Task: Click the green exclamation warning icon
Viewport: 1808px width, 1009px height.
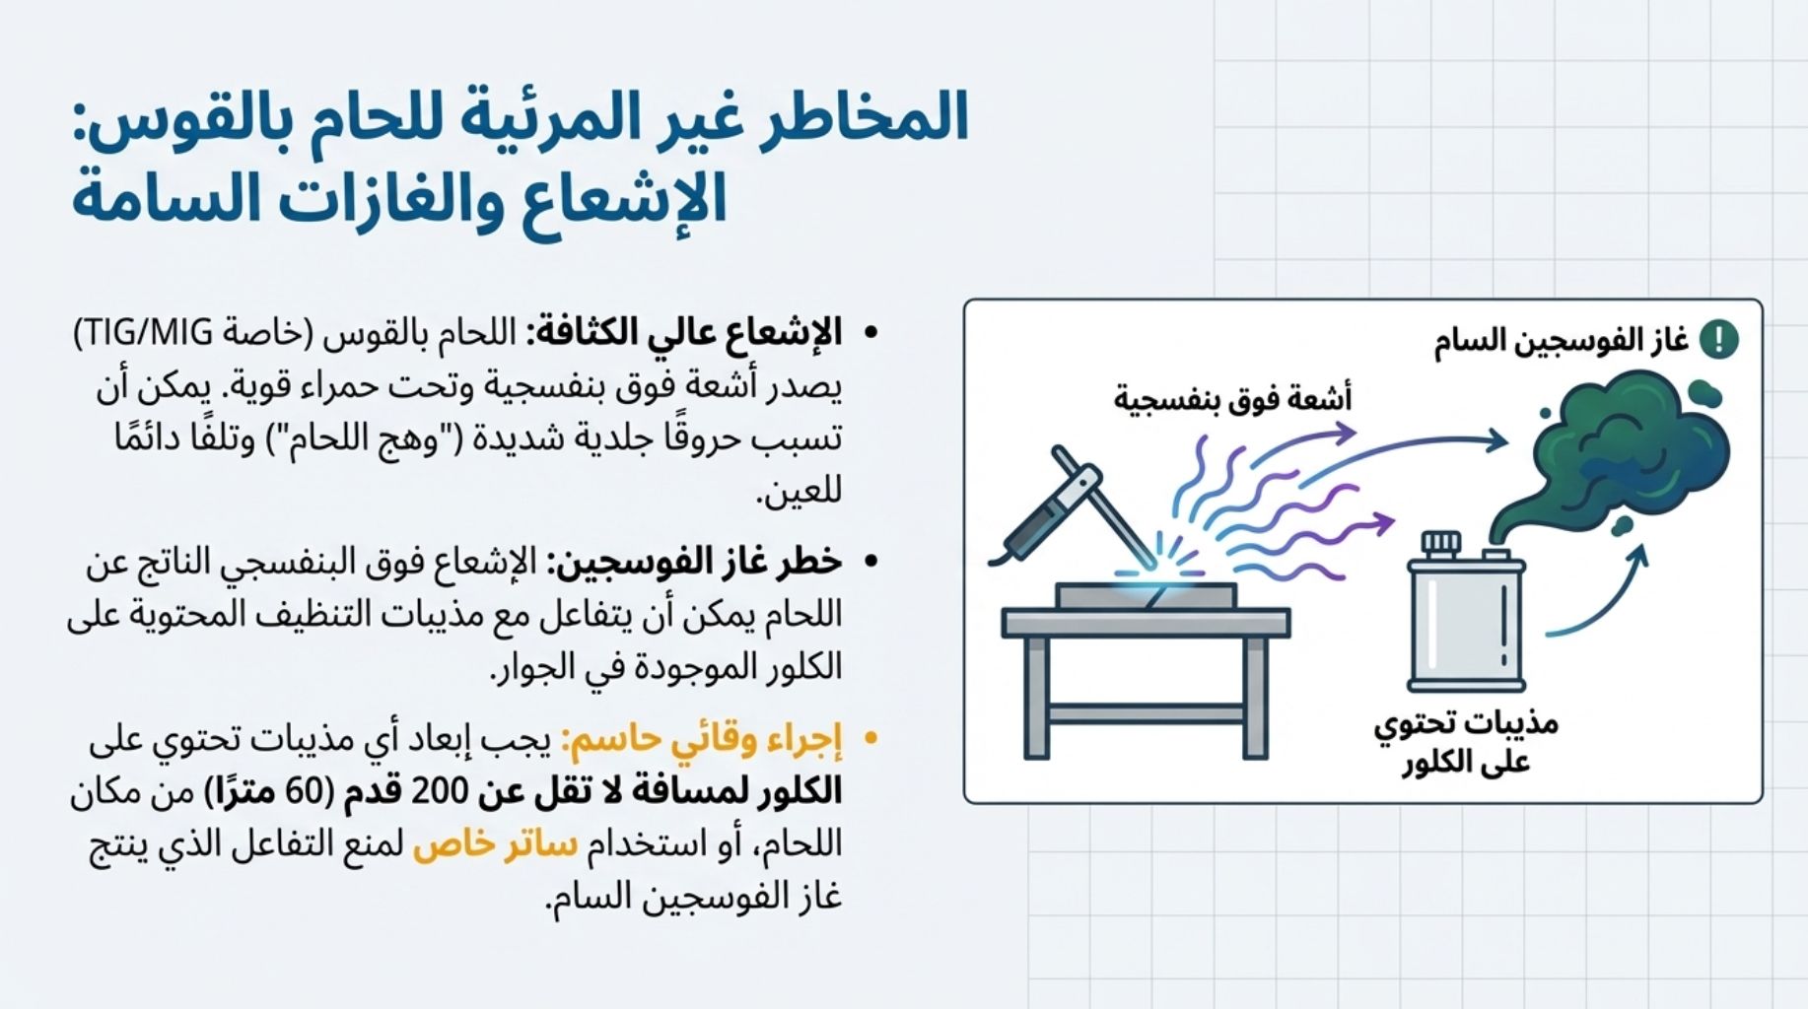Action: (x=1719, y=340)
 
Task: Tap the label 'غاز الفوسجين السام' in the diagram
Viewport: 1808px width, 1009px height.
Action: (x=1561, y=341)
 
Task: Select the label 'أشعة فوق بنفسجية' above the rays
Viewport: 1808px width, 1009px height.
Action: (x=1232, y=399)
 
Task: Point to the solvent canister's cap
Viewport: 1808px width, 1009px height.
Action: (x=1440, y=544)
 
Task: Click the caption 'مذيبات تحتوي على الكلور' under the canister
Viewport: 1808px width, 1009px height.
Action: (x=1466, y=742)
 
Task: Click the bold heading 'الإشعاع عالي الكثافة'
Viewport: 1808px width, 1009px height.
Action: (x=685, y=333)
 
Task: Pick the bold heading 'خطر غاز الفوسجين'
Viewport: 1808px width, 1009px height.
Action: (x=694, y=562)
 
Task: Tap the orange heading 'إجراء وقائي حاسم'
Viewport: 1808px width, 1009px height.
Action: (x=703, y=739)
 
